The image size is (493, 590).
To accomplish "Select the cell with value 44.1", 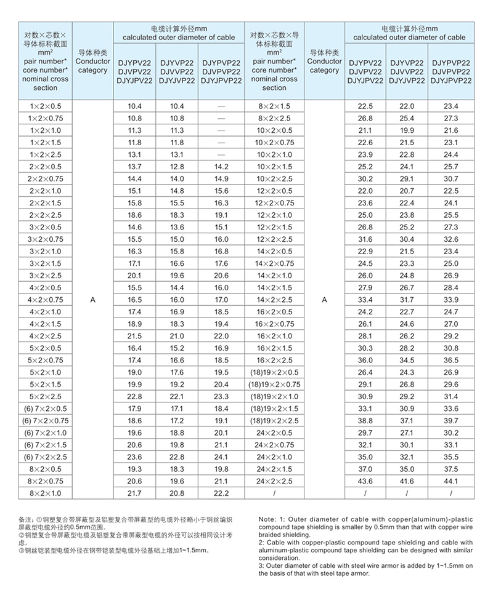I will [451, 480].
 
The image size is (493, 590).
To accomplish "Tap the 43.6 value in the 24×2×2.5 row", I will [365, 480].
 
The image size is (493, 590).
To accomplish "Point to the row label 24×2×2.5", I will [274, 480].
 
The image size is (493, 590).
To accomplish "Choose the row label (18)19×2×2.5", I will [274, 420].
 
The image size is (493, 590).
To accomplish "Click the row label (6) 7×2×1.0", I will [46, 433].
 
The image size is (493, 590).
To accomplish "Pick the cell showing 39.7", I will [451, 420].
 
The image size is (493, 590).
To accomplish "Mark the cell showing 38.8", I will [365, 420].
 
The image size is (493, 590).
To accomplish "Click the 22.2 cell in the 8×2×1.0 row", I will [221, 493].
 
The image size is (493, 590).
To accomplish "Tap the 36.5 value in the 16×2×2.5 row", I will [451, 360].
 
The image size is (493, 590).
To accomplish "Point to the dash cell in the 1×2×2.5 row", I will [221, 154].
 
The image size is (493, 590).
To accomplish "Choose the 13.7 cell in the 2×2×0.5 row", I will [134, 167].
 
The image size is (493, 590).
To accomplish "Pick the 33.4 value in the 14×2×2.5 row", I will [365, 300].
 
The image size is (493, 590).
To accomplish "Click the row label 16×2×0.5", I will [274, 312].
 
